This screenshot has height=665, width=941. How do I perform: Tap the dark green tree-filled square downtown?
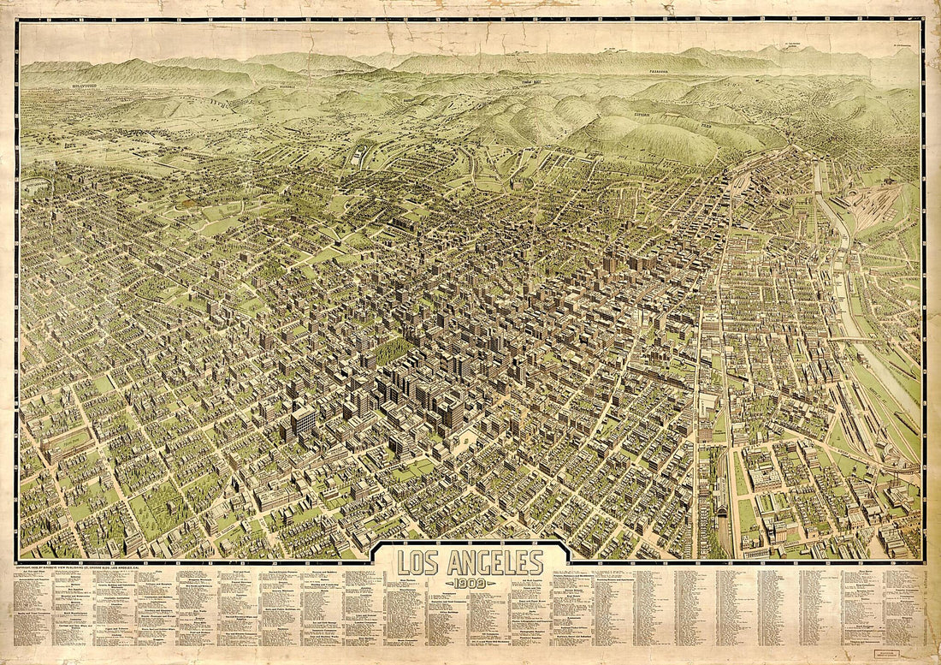393,350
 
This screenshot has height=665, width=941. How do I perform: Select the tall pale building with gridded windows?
303,420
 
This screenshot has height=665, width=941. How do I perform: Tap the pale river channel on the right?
864,359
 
